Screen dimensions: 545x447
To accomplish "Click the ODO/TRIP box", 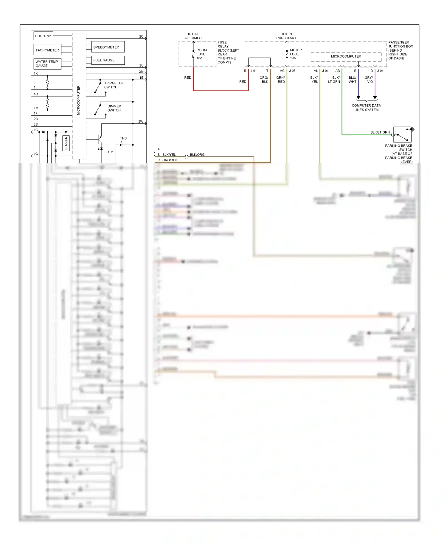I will [43, 36].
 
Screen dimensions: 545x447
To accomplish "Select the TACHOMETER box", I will [47, 50].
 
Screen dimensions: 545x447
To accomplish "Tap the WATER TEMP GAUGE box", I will [47, 64].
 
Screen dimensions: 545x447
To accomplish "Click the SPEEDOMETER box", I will [108, 47].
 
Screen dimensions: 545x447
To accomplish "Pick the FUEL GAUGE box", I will [108, 60].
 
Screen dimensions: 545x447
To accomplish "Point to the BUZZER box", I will [66, 143].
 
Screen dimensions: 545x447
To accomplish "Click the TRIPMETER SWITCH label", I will [114, 85].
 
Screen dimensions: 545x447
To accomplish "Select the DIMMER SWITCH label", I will [114, 108].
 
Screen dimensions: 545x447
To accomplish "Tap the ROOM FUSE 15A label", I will [201, 54].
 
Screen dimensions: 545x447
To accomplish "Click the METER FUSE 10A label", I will [296, 54].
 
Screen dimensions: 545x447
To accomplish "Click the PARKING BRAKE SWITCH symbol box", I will [402, 134].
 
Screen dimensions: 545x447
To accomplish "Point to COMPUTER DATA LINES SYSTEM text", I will [366, 108].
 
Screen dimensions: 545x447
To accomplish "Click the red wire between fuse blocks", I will [221, 91].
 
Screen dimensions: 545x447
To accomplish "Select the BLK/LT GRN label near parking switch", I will [380, 132].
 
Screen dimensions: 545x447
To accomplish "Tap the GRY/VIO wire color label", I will [369, 80].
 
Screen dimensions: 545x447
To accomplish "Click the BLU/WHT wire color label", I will [352, 80].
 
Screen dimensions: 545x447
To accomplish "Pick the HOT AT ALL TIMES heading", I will [193, 36].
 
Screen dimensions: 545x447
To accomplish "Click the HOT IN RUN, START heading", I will [286, 36].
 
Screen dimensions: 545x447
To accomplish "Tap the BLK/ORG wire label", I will [197, 154].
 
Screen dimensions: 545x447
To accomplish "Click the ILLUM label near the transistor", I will [108, 152].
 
